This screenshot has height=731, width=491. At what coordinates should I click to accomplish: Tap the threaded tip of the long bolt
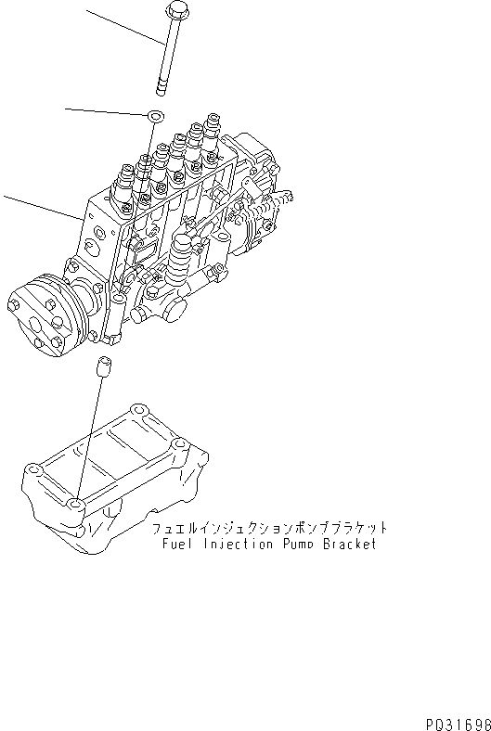(x=161, y=88)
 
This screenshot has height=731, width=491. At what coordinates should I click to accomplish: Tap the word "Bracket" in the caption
(x=351, y=545)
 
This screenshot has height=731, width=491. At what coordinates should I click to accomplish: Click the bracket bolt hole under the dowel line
(x=76, y=504)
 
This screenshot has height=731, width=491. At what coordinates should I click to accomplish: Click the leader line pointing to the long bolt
(x=125, y=27)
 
